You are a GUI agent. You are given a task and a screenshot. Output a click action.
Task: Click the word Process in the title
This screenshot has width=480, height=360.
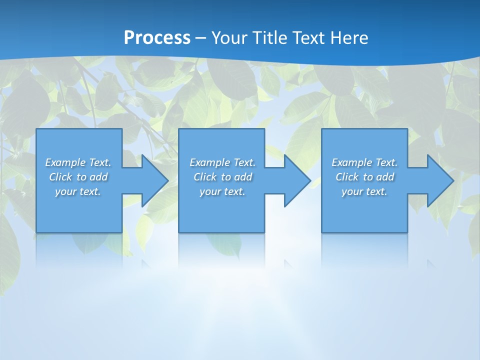tap(157, 38)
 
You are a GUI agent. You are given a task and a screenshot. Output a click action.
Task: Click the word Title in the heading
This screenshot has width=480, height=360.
tap(270, 38)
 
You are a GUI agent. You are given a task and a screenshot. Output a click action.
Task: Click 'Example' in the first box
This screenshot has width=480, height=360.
tap(65, 162)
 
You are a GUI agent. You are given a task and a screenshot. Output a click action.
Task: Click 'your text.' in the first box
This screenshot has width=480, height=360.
tap(78, 191)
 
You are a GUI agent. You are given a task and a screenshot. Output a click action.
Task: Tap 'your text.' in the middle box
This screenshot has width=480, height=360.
tap(222, 191)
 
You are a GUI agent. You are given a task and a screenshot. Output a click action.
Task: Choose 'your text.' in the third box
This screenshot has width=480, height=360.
tap(364, 191)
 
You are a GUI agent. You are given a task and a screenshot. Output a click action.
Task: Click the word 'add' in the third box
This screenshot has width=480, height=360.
tap(385, 177)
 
